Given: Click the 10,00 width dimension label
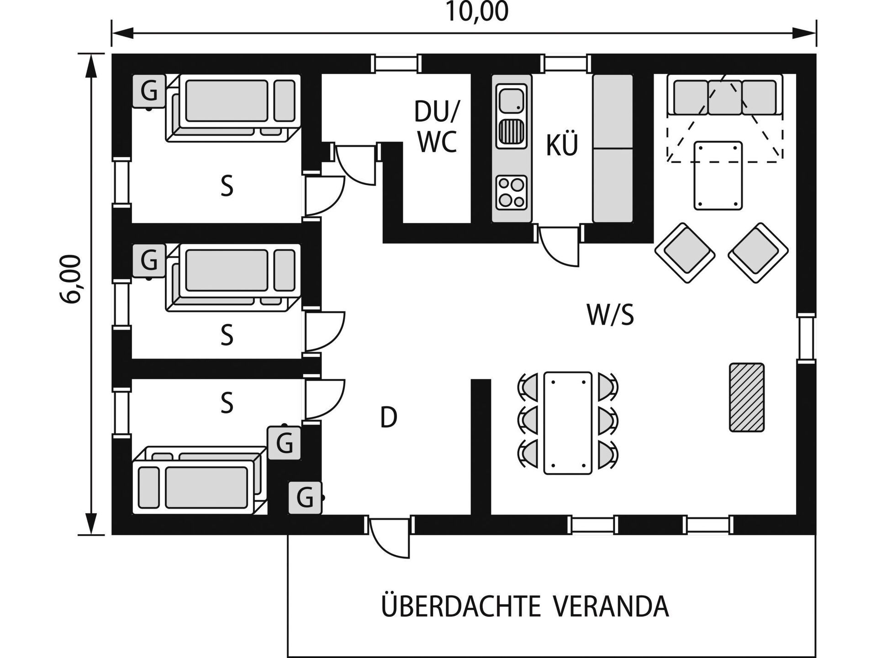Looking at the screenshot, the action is click(x=476, y=12).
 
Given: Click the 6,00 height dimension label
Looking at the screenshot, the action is click(x=72, y=279).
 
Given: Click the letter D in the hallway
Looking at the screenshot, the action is click(x=389, y=417).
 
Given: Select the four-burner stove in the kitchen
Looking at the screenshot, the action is click(x=512, y=192).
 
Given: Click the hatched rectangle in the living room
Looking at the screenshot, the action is click(x=747, y=397).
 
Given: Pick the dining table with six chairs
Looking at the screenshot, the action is click(x=568, y=423).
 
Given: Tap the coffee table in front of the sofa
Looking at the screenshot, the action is click(x=718, y=175).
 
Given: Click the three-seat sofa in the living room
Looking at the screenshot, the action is click(x=725, y=95).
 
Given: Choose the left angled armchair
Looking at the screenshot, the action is click(x=685, y=253).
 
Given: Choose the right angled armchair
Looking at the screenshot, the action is click(x=758, y=253).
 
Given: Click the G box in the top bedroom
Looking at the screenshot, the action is click(x=149, y=90).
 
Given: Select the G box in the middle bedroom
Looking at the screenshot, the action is click(x=149, y=261).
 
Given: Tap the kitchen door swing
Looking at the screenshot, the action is click(x=560, y=245).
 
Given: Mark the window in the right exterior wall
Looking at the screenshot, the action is click(x=806, y=339).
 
